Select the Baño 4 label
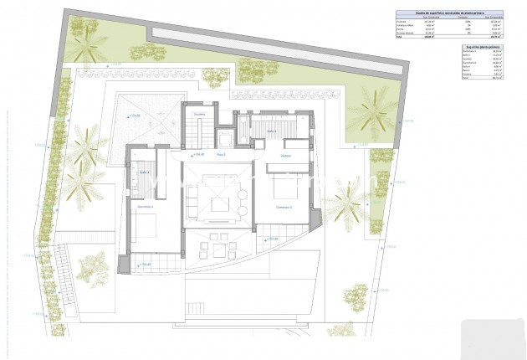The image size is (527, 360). [143, 173]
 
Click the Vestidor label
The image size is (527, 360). [285, 156]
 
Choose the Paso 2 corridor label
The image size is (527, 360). [222, 155]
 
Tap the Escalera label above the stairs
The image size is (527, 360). [199, 114]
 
